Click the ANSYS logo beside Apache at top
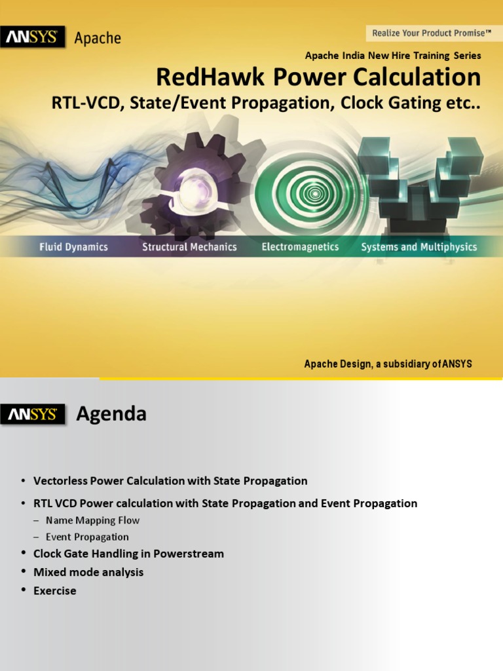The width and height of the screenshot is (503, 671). (33, 37)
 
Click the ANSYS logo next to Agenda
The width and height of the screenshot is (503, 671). (33, 414)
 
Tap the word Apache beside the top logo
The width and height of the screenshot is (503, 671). (98, 38)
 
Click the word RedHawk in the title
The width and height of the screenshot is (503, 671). (210, 78)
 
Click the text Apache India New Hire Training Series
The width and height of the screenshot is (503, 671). (393, 56)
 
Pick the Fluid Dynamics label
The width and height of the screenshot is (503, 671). (73, 247)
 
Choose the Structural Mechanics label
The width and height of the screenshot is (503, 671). (189, 247)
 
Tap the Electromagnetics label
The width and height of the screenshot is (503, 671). (300, 247)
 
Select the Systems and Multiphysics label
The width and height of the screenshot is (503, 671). (419, 247)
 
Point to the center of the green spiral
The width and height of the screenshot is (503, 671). (315, 193)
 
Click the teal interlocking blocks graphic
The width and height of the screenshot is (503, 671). (419, 180)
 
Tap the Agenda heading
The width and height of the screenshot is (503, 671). (111, 414)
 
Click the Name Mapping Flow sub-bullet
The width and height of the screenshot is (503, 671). (92, 520)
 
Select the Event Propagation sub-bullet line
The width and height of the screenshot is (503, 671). (87, 537)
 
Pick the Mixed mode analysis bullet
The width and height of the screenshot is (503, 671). (88, 572)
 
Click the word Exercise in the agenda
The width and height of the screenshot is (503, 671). (55, 590)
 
